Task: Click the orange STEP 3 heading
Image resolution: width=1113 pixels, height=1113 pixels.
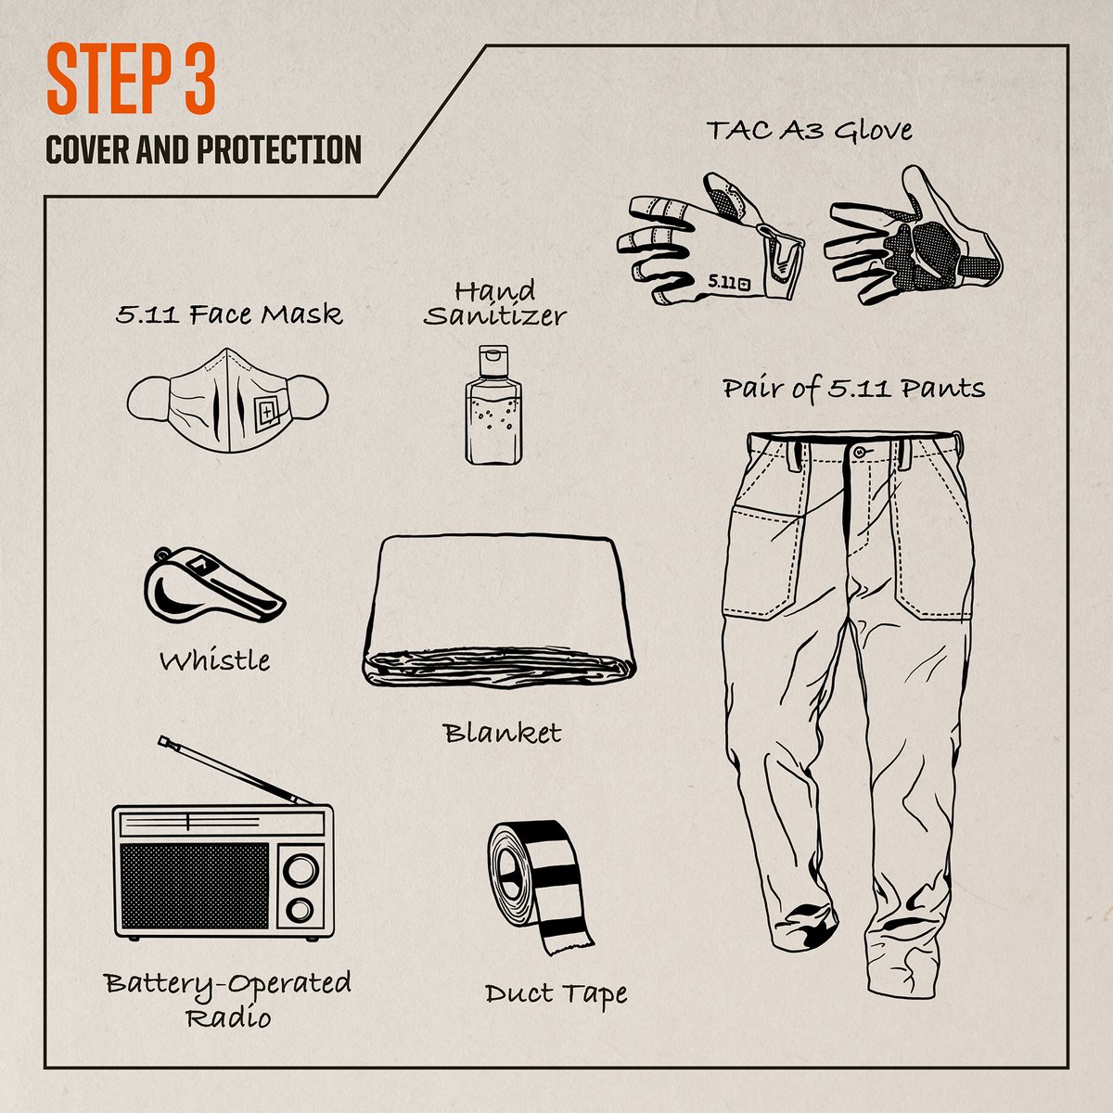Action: pos(131,82)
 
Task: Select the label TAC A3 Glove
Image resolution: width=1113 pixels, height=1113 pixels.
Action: pos(809,130)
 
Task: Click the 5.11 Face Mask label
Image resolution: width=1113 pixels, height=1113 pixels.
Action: pos(229,314)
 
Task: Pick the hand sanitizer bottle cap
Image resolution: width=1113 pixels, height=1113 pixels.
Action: pos(492,358)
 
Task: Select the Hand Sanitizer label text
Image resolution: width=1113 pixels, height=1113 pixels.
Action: pos(494,303)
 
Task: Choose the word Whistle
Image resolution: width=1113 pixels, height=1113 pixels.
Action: pos(214,661)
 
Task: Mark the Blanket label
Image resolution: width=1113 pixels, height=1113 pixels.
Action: pos(503,733)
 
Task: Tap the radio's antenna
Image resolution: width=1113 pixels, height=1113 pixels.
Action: pos(237,769)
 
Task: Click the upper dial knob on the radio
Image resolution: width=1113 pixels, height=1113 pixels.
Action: pos(299,869)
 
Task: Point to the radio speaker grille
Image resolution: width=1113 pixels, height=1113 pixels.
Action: pos(195,886)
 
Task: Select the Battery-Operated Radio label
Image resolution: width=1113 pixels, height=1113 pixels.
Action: pos(227,999)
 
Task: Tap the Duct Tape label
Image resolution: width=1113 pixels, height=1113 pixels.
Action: pos(556,993)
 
